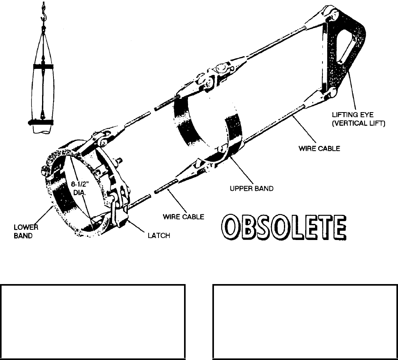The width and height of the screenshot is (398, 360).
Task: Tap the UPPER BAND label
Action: tap(251, 188)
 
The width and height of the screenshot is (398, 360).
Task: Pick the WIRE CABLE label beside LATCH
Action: tap(184, 216)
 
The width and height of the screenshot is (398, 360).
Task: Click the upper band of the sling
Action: tap(189, 118)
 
